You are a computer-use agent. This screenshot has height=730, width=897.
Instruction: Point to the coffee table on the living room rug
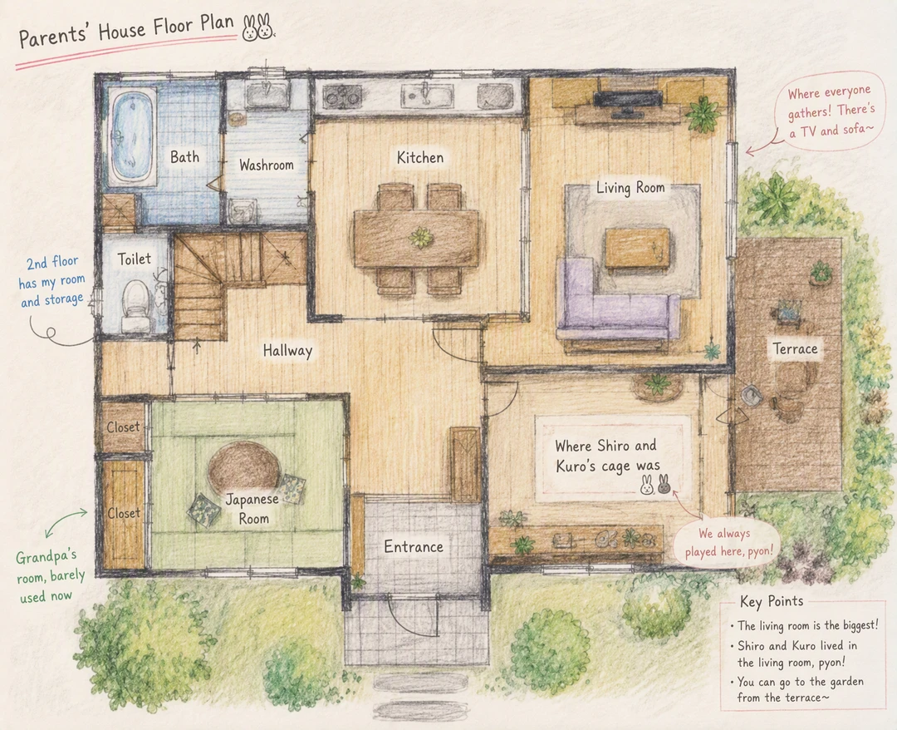point(637,248)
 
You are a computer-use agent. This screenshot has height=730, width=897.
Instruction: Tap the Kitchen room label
point(420,157)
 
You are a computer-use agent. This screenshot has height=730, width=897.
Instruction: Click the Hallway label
point(287,350)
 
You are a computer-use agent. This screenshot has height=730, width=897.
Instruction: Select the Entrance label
point(413,547)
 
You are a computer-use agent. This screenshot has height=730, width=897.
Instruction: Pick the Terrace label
point(795,348)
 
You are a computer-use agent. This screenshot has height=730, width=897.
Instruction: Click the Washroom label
point(266,165)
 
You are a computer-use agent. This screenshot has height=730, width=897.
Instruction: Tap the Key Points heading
point(771,601)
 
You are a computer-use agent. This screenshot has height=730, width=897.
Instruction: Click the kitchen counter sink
point(426,95)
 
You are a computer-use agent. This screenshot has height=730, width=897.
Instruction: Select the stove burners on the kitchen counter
point(342,96)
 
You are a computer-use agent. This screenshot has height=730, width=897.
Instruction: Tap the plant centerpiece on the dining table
point(421,237)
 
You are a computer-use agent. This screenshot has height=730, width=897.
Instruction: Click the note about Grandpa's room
point(50,576)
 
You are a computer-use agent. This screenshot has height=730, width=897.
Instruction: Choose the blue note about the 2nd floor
point(51,280)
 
